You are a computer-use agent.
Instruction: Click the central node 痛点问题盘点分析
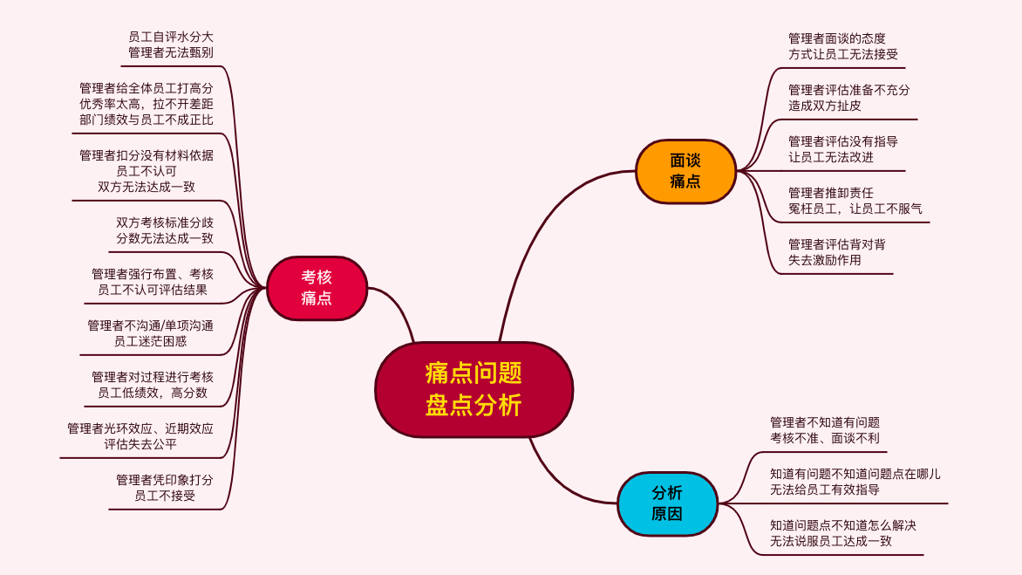coord(474,390)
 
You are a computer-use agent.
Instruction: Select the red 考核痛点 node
coord(317,288)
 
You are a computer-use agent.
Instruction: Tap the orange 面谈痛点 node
coord(685,172)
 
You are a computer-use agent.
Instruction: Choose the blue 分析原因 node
coord(667,504)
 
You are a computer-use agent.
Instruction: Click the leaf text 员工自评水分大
coord(171,38)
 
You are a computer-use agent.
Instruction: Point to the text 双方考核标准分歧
coord(165,223)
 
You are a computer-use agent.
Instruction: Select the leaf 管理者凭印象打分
coord(165,480)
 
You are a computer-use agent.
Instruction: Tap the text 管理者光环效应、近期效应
coord(140,428)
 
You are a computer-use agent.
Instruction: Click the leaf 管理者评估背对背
coord(837,244)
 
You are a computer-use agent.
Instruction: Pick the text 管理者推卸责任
coord(831,193)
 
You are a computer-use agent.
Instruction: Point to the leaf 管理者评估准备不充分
coord(849,90)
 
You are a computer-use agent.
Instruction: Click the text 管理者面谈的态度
coord(837,38)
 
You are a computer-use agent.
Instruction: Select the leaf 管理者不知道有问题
coord(825,422)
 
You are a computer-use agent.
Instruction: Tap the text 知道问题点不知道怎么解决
coord(843,525)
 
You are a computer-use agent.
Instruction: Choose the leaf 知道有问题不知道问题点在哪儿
coord(855,474)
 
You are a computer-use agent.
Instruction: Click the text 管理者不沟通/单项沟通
coord(151,325)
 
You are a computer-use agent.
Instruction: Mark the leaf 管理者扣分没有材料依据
coord(146,155)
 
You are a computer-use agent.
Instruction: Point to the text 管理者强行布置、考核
coord(153,274)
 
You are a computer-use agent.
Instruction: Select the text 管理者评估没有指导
coord(843,141)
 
